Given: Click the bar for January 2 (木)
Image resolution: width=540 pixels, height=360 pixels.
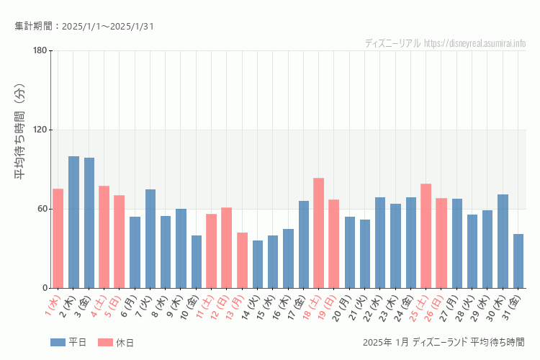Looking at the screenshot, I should [x=73, y=222].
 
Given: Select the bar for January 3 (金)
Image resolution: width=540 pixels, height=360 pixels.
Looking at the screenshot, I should [x=89, y=222].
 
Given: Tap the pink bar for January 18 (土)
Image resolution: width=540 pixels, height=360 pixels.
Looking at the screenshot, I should [x=318, y=233].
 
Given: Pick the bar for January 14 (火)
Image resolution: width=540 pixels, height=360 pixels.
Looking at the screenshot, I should [x=258, y=264].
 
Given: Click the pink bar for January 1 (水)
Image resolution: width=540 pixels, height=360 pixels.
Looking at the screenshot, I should [x=58, y=238].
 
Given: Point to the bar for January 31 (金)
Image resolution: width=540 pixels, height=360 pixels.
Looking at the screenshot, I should [x=518, y=261].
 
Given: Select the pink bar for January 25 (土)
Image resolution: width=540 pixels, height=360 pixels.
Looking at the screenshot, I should [x=426, y=235].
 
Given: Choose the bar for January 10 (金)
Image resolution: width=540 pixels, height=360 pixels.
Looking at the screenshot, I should [x=197, y=261].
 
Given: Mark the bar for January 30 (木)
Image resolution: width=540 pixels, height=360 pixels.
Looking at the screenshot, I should [x=503, y=241].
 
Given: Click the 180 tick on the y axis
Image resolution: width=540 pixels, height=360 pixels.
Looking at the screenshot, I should [x=40, y=50].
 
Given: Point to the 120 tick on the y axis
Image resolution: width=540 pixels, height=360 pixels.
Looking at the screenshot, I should [x=40, y=130].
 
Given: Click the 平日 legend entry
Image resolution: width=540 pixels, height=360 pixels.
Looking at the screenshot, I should [x=68, y=342].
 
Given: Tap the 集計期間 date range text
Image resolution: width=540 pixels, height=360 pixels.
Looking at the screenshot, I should [x=84, y=27].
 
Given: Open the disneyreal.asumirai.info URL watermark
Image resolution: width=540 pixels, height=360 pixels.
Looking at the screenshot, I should [x=474, y=43].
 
